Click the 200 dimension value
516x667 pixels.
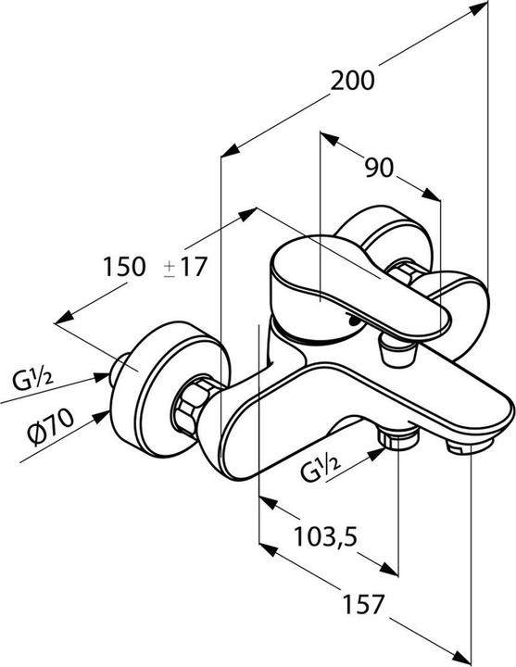(353, 81)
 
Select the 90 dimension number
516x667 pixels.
(380, 168)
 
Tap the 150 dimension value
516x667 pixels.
(125, 267)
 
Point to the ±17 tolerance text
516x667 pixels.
(185, 267)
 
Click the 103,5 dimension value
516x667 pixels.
(326, 536)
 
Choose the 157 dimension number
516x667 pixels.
(364, 604)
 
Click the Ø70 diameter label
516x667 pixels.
(51, 426)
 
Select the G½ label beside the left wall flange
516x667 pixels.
(32, 380)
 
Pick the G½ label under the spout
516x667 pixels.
(321, 468)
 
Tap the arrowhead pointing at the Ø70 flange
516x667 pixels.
(102, 416)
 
